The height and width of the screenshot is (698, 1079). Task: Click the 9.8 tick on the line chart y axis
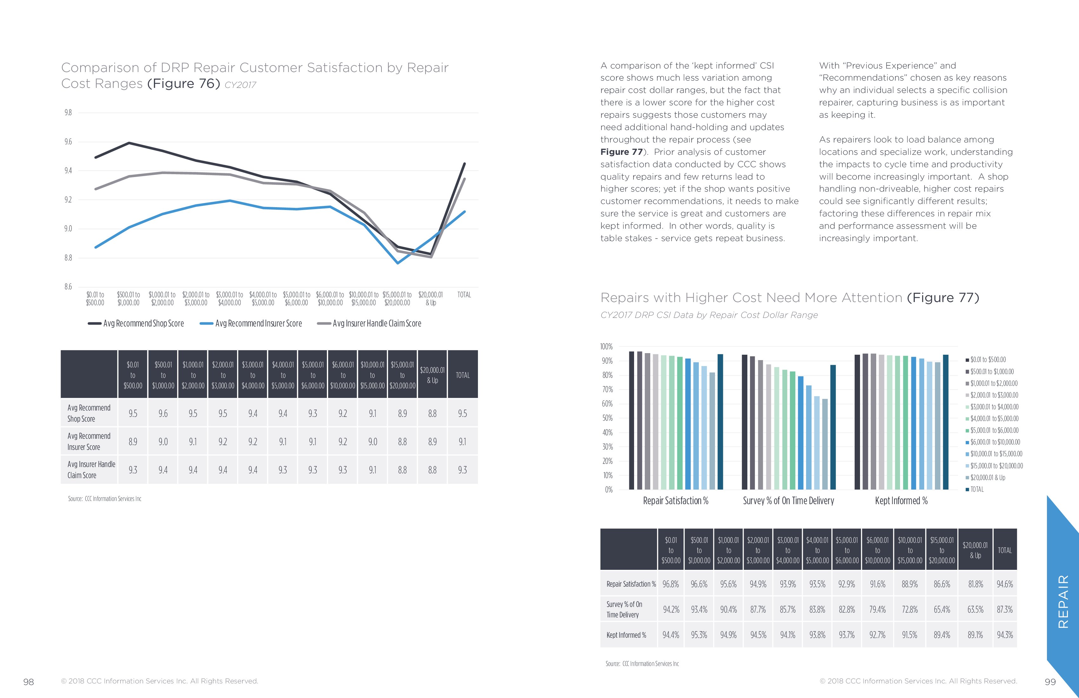click(68, 112)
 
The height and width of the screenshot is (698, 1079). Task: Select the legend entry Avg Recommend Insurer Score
click(258, 323)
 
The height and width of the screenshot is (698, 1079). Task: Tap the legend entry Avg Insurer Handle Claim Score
click(377, 323)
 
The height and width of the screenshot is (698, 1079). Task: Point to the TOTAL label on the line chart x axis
click(464, 295)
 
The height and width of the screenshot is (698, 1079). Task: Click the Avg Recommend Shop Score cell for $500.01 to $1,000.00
click(163, 413)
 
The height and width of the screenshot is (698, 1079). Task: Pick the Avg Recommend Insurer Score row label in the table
click(89, 441)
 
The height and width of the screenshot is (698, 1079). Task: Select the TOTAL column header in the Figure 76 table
click(462, 375)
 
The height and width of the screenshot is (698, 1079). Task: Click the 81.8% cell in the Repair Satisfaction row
click(975, 584)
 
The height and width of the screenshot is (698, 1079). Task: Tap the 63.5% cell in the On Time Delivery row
click(975, 609)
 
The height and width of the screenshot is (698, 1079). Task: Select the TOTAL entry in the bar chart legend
click(977, 489)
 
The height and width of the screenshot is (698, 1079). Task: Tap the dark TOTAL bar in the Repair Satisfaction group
click(720, 422)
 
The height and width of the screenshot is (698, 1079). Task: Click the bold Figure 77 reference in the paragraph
click(621, 152)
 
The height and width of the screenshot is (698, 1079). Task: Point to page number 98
click(29, 682)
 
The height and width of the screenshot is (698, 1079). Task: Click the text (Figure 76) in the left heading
click(184, 84)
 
